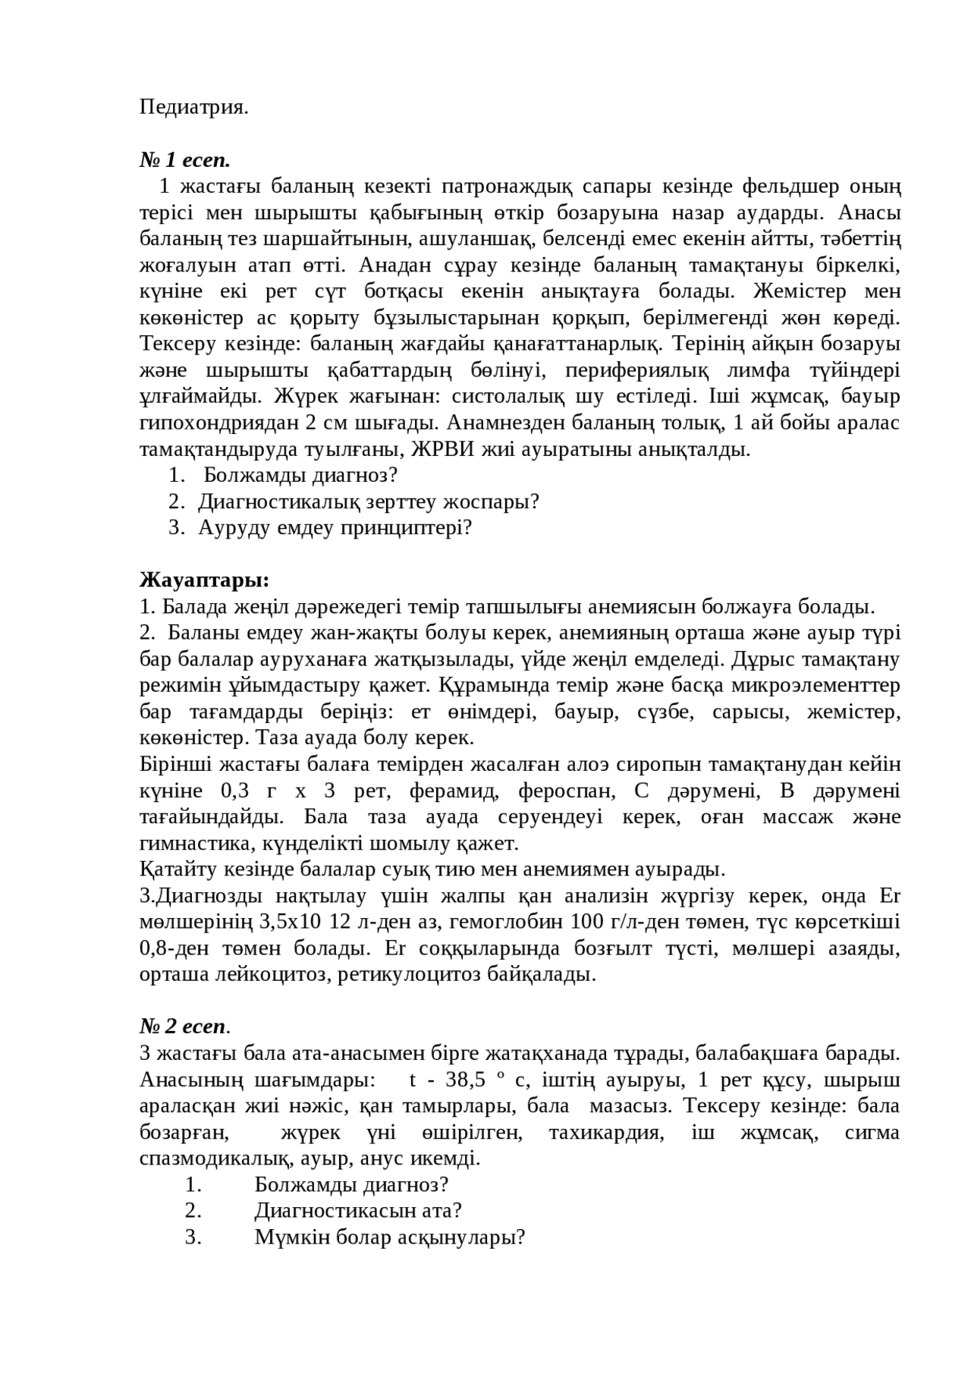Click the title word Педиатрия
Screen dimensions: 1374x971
click(x=193, y=108)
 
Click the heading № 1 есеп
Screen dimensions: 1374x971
click(x=184, y=160)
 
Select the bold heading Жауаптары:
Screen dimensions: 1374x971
click(x=204, y=580)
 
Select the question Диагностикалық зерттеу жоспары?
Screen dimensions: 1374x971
click(x=369, y=501)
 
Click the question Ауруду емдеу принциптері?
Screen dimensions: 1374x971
click(x=335, y=528)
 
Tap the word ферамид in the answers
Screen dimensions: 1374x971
click(x=454, y=791)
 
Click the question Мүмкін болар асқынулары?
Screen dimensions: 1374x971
click(x=390, y=1237)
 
